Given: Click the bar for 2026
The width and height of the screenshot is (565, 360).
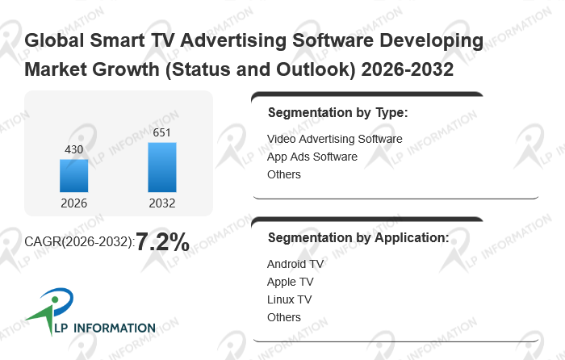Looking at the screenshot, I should (74, 175).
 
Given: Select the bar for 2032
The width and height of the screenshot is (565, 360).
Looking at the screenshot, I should (161, 167).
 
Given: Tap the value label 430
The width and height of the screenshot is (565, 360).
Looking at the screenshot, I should (74, 149).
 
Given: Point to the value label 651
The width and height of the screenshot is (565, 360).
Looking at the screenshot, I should (161, 132).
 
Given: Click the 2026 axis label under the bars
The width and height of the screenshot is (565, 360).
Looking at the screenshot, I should (74, 203).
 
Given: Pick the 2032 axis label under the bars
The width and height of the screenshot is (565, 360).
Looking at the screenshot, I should (161, 203).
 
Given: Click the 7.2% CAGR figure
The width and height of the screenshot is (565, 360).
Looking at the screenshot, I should (162, 241).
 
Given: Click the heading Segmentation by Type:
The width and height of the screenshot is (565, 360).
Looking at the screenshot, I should (337, 113).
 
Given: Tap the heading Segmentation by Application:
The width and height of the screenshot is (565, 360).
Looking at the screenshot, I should (358, 238).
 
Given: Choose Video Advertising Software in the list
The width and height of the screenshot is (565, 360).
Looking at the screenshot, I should (334, 139).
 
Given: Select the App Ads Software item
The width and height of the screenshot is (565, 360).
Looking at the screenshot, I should (312, 157).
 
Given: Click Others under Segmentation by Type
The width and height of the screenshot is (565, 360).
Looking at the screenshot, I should (284, 174).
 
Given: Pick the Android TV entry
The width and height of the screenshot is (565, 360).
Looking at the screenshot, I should (295, 264).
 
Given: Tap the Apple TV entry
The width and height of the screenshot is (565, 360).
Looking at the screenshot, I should (290, 282).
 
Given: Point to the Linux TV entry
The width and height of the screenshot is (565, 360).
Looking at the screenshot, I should (289, 299).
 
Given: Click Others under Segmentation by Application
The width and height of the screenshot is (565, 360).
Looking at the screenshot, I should (284, 317).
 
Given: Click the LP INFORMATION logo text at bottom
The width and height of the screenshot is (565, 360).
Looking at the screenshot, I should (105, 328).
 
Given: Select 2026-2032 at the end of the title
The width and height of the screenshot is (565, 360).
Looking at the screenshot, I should (408, 69).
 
